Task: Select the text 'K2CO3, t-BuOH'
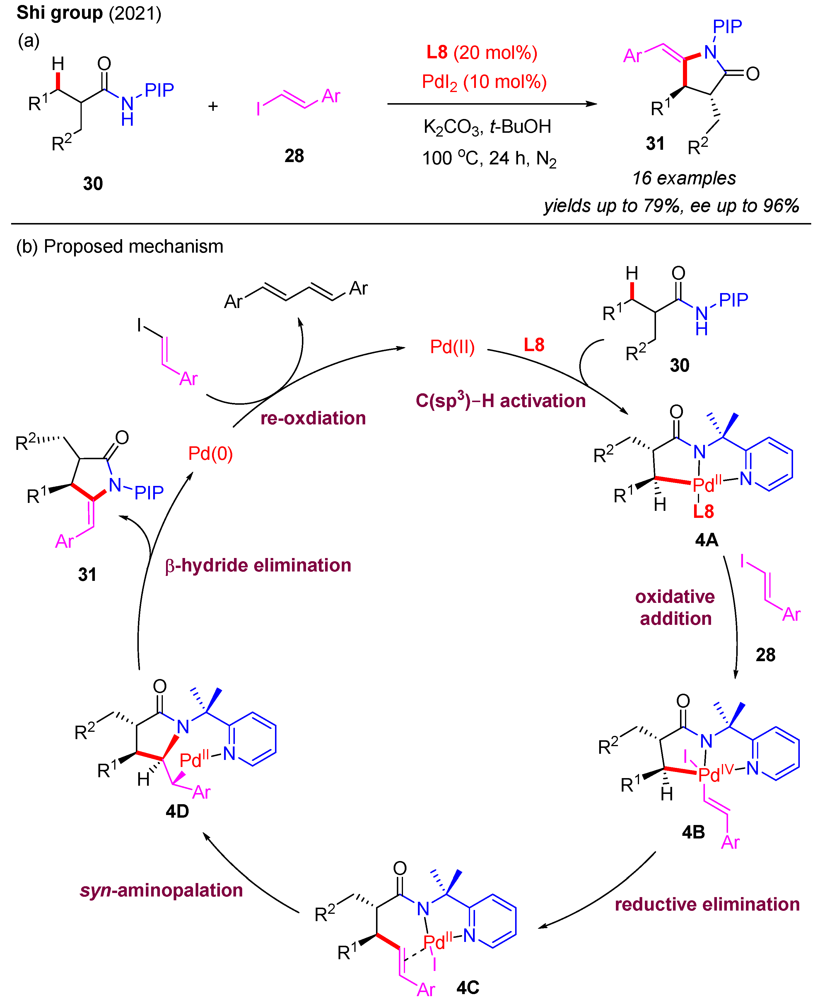pos(487,127)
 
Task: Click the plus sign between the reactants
pos(213,106)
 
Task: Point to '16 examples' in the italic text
pos(684,178)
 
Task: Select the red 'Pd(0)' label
pos(210,454)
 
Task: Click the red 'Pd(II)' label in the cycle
pos(452,347)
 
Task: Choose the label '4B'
pos(693,832)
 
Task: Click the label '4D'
pos(177,811)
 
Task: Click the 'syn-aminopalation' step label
pos(161,890)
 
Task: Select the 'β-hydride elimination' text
pos(258,565)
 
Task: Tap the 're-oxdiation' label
pos(313,418)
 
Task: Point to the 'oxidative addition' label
pos(675,607)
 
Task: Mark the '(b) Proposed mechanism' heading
pos(119,247)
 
